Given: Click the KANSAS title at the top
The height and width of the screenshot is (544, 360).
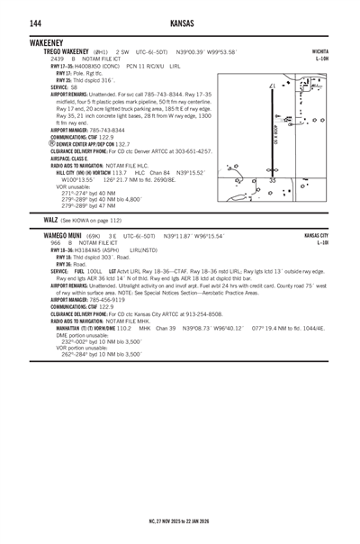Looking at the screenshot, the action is coord(180,21).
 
